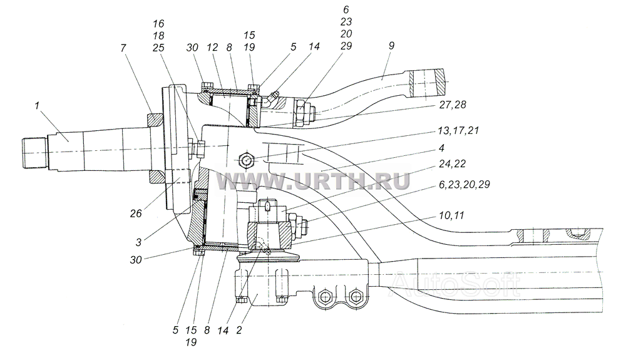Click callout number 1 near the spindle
[x=37, y=106]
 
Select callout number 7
[x=123, y=48]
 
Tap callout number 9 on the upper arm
[x=391, y=46]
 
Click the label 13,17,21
[x=459, y=130]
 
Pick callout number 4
[x=441, y=148]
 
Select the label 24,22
[x=453, y=164]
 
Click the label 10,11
[x=452, y=215]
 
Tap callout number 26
[x=136, y=213]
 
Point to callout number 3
[x=138, y=242]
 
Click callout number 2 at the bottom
[x=239, y=331]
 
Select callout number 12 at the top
[x=212, y=48]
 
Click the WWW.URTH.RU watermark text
[x=313, y=181]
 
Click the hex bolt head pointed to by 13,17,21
[x=246, y=160]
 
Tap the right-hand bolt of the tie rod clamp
[x=354, y=297]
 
